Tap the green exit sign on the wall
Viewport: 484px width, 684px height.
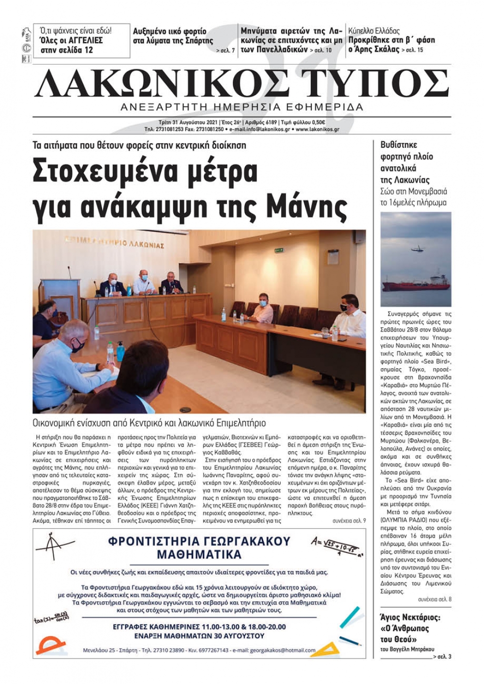pyautogui.click(x=278, y=250)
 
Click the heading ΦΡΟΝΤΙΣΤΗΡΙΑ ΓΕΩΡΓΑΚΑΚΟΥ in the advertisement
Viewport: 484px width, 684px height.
pyautogui.click(x=199, y=541)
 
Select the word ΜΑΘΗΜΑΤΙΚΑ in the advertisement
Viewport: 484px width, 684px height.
pyautogui.click(x=199, y=554)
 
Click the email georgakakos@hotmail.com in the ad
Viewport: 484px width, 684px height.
pyautogui.click(x=283, y=650)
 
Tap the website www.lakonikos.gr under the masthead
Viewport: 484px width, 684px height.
pyautogui.click(x=317, y=130)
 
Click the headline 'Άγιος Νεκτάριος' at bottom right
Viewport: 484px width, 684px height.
pyautogui.click(x=410, y=617)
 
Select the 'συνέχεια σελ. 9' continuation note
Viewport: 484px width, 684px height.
pyautogui.click(x=349, y=521)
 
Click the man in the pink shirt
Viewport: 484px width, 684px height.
pyautogui.click(x=260, y=310)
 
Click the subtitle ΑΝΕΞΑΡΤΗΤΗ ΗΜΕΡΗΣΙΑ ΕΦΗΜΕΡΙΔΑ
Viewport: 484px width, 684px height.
pyautogui.click(x=242, y=107)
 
